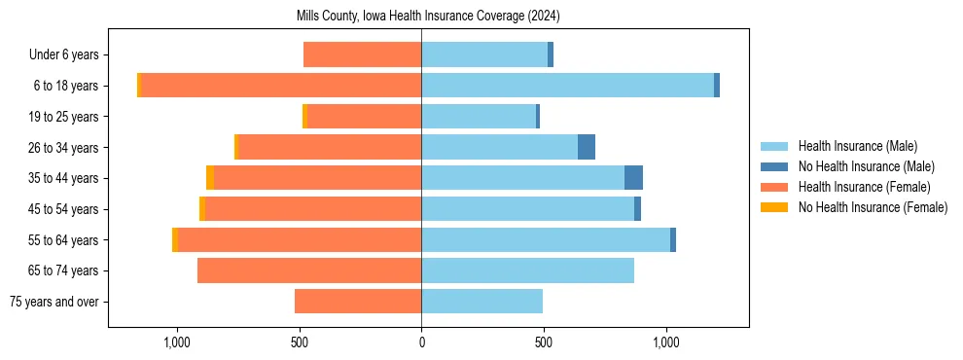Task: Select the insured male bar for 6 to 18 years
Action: point(567,86)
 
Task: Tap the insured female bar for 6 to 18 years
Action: point(281,86)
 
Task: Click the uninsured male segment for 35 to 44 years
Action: point(633,178)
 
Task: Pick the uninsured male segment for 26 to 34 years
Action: point(587,147)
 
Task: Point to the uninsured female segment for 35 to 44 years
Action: point(210,178)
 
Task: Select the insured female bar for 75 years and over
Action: point(358,302)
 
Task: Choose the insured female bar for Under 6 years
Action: point(362,54)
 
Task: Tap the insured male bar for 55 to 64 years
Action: point(546,239)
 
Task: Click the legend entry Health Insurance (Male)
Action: point(857,146)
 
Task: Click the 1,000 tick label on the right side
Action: point(666,342)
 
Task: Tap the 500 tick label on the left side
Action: point(299,342)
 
